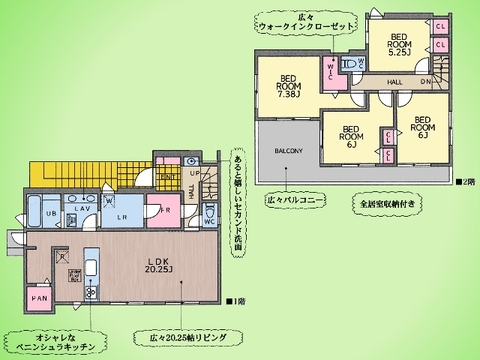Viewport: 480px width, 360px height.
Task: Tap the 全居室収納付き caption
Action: (x=385, y=204)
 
